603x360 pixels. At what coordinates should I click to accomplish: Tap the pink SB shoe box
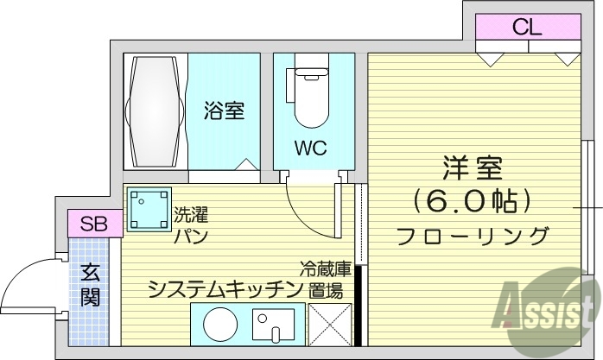pos(89,224)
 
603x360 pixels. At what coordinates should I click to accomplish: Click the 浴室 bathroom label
pos(224,111)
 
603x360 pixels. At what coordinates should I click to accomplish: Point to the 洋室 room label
pos(473,167)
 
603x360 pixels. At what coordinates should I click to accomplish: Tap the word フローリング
pos(473,236)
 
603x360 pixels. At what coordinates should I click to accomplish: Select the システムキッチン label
pos(224,288)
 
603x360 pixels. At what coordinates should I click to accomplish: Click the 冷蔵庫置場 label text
pos(326,281)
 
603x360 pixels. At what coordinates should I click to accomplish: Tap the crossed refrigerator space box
pos(329,326)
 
